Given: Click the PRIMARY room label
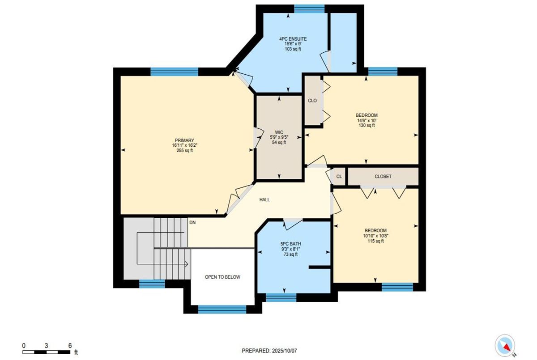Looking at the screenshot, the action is pyautogui.click(x=184, y=140).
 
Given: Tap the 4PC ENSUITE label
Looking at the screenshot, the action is pyautogui.click(x=293, y=39).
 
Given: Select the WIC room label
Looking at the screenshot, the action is pyautogui.click(x=279, y=132).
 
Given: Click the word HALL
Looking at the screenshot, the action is pyautogui.click(x=264, y=199).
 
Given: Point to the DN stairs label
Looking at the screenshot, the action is pyautogui.click(x=192, y=222).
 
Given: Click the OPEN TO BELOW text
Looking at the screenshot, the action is pyautogui.click(x=222, y=277).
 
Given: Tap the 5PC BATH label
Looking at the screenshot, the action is pyautogui.click(x=290, y=244).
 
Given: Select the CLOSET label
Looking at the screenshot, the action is pyautogui.click(x=383, y=176).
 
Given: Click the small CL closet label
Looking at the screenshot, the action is pyautogui.click(x=339, y=177).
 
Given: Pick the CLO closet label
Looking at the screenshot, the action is pyautogui.click(x=312, y=101).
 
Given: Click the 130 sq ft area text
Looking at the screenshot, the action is pyautogui.click(x=367, y=125).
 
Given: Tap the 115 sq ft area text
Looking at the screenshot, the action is pyautogui.click(x=375, y=241).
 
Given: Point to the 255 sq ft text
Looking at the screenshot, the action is pyautogui.click(x=184, y=150).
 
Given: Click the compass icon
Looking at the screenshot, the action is pyautogui.click(x=505, y=346).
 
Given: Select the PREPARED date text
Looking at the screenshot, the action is pyautogui.click(x=269, y=351).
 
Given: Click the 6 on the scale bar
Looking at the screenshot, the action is pyautogui.click(x=70, y=345).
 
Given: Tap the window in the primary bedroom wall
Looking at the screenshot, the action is pyautogui.click(x=174, y=72).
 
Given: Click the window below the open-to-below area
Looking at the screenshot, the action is pyautogui.click(x=222, y=309).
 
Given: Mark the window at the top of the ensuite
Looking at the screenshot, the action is pyautogui.click(x=309, y=8).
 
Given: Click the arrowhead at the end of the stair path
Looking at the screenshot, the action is pyautogui.click(x=186, y=264).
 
